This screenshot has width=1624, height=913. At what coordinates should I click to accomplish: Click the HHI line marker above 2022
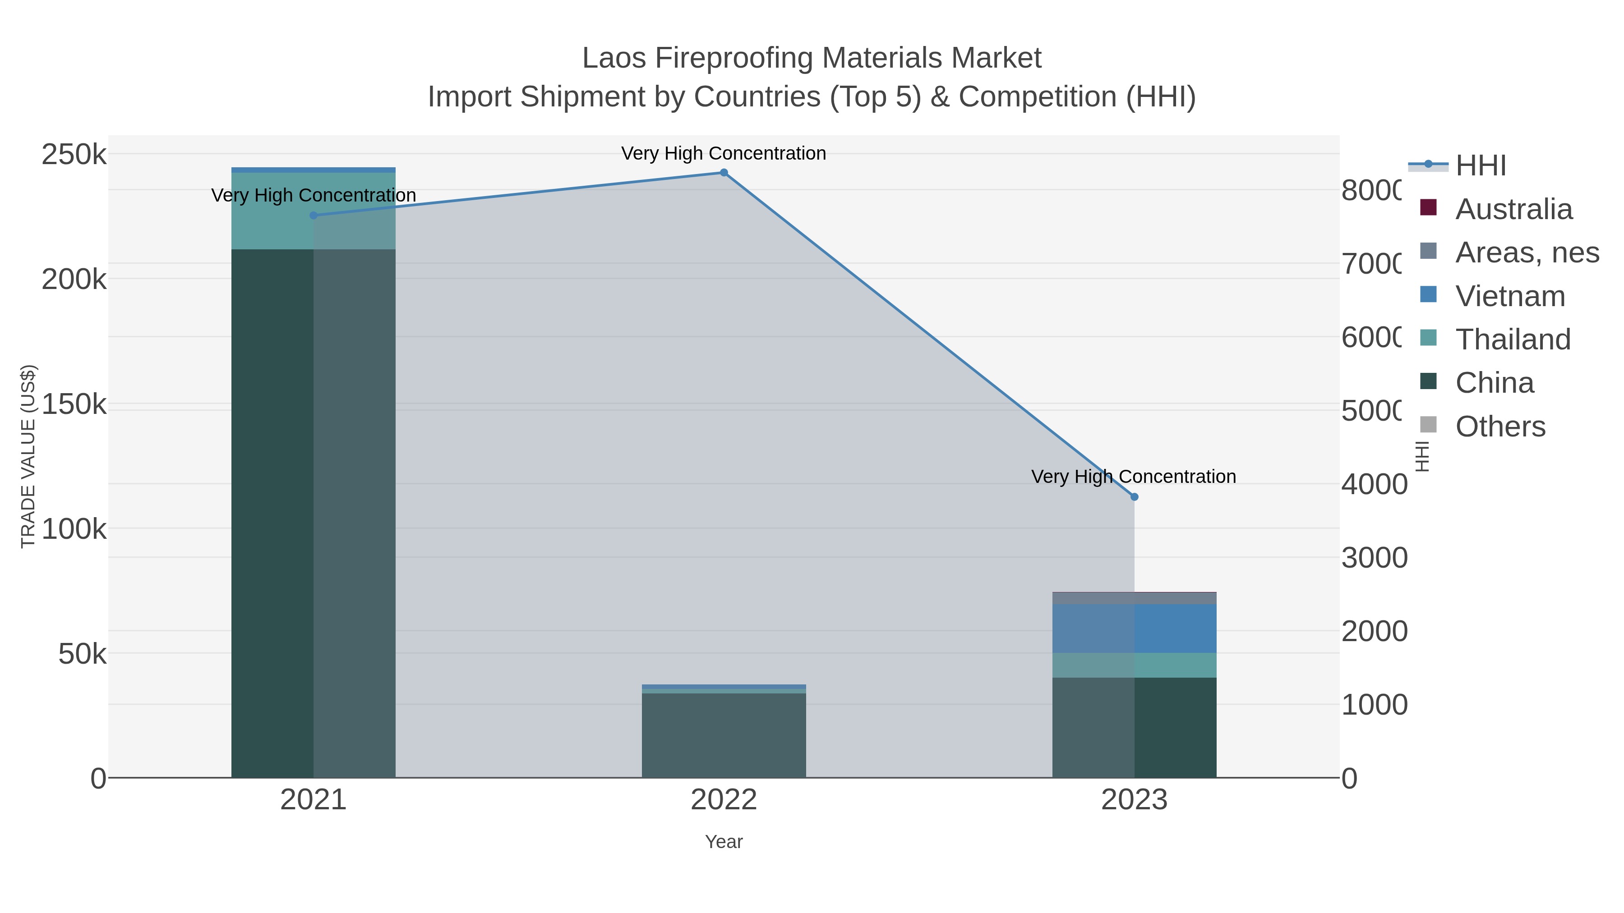(724, 173)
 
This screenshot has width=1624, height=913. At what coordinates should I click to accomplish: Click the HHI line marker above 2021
(314, 216)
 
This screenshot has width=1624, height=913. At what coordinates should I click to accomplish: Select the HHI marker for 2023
(1134, 497)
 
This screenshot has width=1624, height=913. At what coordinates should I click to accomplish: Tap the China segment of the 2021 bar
(314, 513)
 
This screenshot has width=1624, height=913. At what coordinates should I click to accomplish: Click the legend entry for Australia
(1513, 209)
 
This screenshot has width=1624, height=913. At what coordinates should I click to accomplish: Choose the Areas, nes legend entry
(1526, 252)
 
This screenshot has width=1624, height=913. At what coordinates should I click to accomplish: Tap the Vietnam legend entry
(1510, 296)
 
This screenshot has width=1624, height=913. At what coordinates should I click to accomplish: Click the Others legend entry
(1500, 427)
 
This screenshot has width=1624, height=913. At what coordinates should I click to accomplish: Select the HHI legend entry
(1480, 166)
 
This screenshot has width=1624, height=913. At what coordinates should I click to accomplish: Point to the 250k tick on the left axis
(74, 154)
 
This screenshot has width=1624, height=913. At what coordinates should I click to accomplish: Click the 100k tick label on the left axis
(74, 529)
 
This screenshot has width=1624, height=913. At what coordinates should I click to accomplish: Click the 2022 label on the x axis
(724, 800)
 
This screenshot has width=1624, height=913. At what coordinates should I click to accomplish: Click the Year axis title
(724, 842)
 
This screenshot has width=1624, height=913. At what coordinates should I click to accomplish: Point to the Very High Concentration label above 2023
(1133, 477)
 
